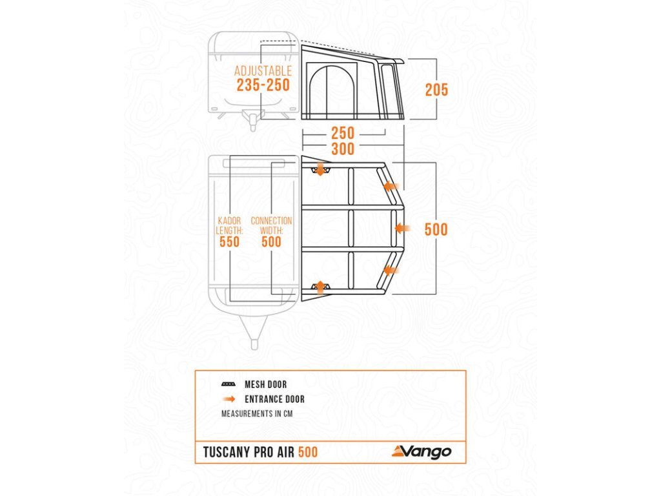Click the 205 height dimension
pos(436,90)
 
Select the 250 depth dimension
pos(343,134)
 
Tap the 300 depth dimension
pos(343,149)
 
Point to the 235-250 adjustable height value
pos(263,85)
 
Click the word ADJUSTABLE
pos(263,71)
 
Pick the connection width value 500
pos(271,242)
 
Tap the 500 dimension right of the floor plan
pos(436,229)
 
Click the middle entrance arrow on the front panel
pos(402,228)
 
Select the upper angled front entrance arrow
pos(389,186)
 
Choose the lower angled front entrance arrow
pos(389,271)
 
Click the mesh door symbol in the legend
pos(229,384)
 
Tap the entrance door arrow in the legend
pos(229,399)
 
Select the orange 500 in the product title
pos(308,452)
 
